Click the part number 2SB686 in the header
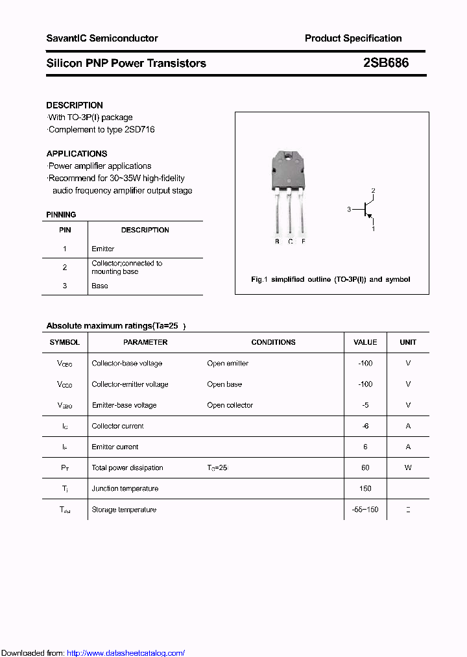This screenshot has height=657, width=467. [386, 63]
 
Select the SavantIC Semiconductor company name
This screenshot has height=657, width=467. [102, 38]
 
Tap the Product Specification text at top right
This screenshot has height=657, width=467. [353, 38]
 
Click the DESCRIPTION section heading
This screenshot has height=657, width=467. [75, 105]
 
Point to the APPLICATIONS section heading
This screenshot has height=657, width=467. [77, 154]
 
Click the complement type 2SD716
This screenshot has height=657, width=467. [139, 129]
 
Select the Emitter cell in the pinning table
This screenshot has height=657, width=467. [103, 249]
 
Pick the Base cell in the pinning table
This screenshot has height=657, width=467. [100, 286]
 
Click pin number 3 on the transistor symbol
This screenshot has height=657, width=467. [349, 209]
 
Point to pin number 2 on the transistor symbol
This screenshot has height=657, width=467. [373, 191]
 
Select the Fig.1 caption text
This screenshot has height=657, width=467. [330, 279]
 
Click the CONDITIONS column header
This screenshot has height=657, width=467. [273, 342]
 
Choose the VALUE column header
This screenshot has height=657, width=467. [365, 342]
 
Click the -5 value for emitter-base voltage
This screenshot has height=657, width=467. [365, 405]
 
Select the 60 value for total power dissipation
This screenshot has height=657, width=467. [365, 467]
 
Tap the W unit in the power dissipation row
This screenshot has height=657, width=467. [408, 467]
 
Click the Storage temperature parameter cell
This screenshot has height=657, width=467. [124, 510]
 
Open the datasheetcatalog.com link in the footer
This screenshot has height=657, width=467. [126, 653]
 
